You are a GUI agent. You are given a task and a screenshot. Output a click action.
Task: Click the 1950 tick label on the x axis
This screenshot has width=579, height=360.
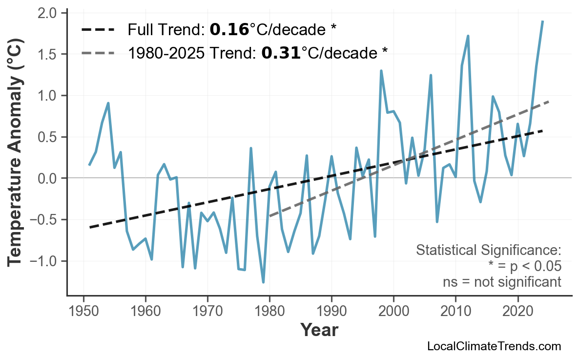click(x=83, y=311)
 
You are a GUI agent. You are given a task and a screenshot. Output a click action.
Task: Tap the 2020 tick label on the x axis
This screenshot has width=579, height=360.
click(x=517, y=311)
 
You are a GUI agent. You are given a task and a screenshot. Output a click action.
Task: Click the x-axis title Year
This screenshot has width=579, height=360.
click(x=319, y=330)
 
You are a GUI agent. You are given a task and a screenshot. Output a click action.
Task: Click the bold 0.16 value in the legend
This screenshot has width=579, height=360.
click(x=229, y=30)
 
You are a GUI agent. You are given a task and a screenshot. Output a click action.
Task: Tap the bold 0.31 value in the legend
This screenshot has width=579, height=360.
click(x=281, y=53)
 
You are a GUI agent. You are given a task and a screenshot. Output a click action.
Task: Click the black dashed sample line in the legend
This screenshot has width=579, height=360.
click(x=98, y=30)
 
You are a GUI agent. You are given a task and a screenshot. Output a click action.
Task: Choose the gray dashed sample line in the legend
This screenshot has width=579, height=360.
click(x=98, y=53)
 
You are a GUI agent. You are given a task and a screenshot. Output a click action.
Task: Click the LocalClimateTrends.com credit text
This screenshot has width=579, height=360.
click(x=494, y=346)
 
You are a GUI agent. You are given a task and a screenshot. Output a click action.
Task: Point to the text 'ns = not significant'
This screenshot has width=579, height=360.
click(x=502, y=282)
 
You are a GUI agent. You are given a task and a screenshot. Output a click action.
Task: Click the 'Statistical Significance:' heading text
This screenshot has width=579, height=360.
click(x=488, y=251)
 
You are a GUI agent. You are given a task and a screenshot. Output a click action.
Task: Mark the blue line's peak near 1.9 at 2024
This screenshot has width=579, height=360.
click(x=542, y=21)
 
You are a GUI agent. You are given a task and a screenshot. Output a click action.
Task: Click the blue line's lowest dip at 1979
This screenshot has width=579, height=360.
click(x=263, y=282)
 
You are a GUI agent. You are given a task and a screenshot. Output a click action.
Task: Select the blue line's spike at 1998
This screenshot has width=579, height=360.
click(x=381, y=71)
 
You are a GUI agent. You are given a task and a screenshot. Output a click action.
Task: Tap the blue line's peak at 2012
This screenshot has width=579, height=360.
click(x=468, y=36)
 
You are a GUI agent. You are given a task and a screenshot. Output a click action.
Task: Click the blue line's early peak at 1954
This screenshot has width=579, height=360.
click(x=108, y=103)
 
